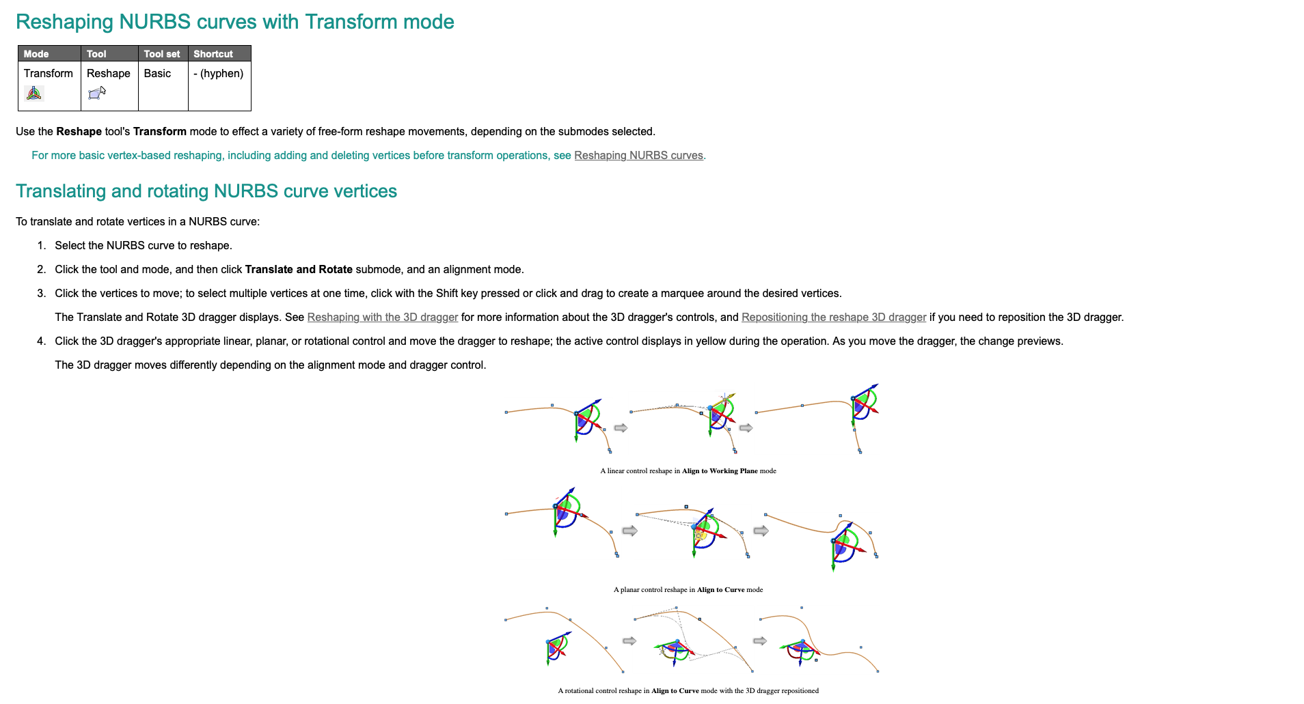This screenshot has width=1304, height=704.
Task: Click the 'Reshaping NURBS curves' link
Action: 638,156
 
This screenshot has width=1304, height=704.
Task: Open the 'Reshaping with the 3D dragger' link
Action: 382,318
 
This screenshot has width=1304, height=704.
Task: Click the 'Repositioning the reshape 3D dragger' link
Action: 833,318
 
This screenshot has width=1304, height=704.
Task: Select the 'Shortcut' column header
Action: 213,54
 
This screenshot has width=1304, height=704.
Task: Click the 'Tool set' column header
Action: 162,54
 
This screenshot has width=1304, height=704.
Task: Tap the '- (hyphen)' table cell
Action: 219,74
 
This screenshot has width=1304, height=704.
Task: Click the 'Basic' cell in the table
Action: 157,74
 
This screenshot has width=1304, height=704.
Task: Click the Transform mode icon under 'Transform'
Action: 33,94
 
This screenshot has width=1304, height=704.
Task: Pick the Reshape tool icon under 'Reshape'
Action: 97,93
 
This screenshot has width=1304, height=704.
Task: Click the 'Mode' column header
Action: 36,54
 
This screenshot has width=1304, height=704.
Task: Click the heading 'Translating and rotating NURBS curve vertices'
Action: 206,191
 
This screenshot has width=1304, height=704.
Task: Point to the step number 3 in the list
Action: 41,294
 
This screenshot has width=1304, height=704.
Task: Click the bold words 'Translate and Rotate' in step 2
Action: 299,270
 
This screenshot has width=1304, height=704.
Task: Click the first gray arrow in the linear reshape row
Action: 621,428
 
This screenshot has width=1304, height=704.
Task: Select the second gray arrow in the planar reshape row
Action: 761,531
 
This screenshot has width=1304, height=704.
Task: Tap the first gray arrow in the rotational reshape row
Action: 629,641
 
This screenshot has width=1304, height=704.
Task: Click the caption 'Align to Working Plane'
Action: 720,471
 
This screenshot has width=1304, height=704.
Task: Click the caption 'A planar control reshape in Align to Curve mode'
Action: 688,590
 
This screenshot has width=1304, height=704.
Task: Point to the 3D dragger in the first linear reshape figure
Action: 586,419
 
